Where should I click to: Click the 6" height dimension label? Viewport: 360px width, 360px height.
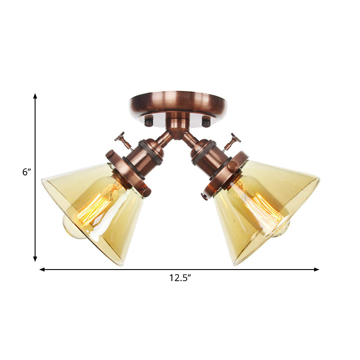(x=26, y=172)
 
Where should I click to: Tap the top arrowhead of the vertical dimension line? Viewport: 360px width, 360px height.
(x=35, y=96)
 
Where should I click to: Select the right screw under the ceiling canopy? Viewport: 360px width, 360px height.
(x=206, y=121)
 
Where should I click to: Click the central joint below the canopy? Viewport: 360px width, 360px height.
(x=178, y=124)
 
